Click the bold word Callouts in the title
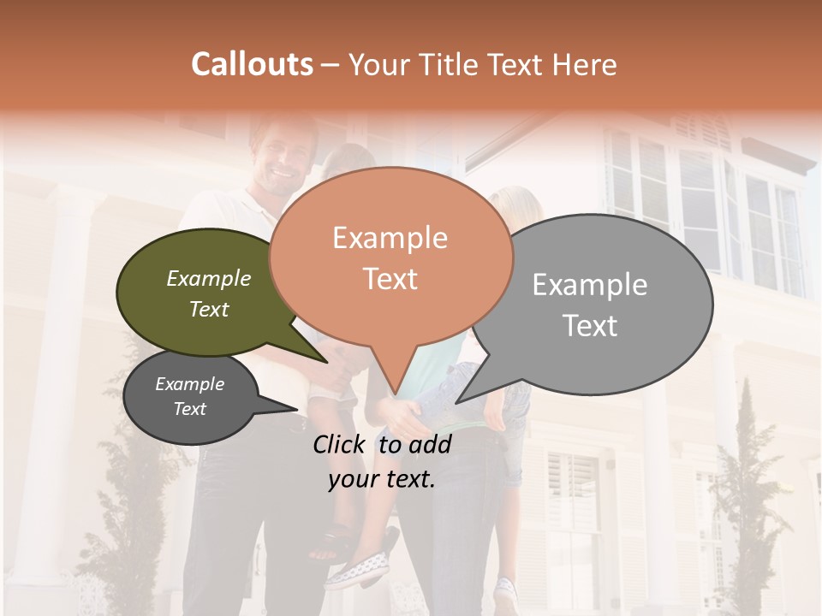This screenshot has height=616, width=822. click(x=252, y=64)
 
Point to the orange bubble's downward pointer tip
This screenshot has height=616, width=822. click(x=395, y=394)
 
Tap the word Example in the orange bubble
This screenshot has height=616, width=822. click(x=390, y=238)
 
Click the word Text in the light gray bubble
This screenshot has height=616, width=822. click(x=590, y=326)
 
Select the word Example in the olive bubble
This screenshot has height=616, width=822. click(x=209, y=279)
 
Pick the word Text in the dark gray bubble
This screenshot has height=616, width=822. click(x=190, y=409)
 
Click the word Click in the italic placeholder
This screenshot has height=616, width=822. click(x=340, y=444)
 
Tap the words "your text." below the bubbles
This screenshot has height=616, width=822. click(x=382, y=480)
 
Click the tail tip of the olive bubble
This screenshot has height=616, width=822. click(x=326, y=361)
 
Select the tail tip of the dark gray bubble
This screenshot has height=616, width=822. click(x=297, y=410)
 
